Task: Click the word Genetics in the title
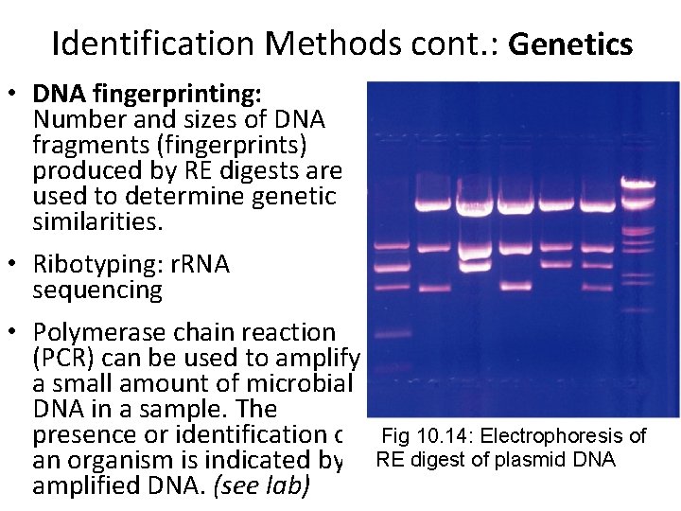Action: (x=570, y=44)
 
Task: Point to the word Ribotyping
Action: (x=91, y=264)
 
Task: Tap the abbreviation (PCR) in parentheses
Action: (x=62, y=359)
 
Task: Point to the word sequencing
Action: (x=97, y=290)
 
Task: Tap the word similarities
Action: (x=97, y=221)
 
